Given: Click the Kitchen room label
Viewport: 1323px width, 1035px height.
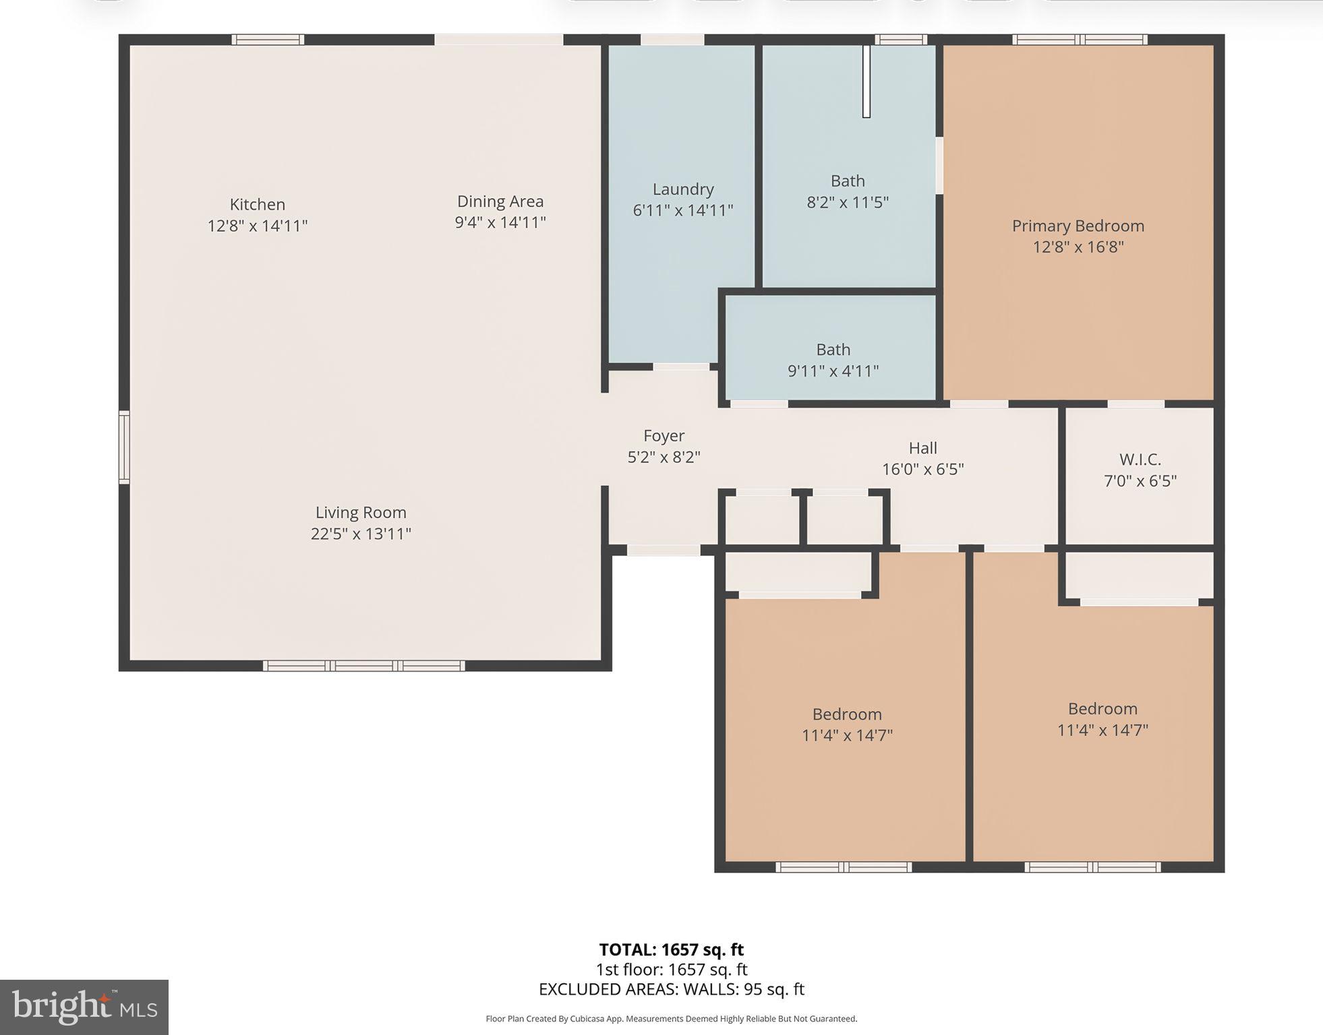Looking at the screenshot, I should click(257, 204).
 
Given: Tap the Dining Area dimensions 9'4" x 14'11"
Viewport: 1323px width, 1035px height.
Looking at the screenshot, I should click(500, 222).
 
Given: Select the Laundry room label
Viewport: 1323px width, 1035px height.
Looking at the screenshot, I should click(682, 189).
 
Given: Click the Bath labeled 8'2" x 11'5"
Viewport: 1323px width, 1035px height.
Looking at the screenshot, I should click(848, 191).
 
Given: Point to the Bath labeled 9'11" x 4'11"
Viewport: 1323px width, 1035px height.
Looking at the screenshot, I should click(833, 360).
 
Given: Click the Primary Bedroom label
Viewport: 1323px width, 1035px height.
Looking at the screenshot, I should click(1078, 226).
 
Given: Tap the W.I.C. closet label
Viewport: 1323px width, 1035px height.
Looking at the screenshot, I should click(1140, 460).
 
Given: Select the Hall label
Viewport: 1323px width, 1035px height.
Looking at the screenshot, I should click(922, 448).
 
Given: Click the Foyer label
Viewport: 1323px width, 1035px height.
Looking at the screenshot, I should click(664, 436).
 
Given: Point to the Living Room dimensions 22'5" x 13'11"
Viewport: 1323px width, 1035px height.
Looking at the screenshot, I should click(361, 534).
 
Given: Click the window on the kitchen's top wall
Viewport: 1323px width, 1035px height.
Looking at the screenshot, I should click(268, 40).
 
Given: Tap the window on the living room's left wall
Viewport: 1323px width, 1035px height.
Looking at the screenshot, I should click(124, 447).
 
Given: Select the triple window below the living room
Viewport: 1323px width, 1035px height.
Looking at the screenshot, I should click(363, 666).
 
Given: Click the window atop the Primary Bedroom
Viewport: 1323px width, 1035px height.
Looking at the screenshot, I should click(1079, 40).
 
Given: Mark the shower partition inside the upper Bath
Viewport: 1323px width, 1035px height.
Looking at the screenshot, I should click(866, 81).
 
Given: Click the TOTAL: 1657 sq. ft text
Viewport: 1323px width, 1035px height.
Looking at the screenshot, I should click(671, 949).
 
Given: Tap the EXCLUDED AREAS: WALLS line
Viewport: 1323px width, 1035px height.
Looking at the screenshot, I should click(671, 989).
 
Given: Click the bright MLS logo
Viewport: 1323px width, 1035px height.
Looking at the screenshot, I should click(84, 1007).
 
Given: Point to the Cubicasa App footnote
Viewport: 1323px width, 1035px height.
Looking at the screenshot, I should click(671, 1019).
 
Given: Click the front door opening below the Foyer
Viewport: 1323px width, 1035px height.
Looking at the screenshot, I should click(664, 551).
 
